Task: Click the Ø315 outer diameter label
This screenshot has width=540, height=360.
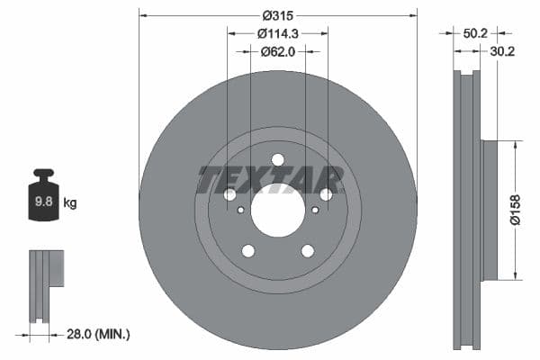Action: coord(278,15)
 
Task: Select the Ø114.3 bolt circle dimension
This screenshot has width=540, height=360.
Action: coord(278,33)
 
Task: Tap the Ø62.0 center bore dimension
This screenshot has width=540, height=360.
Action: coord(278,51)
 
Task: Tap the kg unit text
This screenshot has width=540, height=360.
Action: coord(69,203)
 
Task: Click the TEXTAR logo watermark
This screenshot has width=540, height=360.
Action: coord(270,180)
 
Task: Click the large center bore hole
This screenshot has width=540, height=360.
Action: coord(277,212)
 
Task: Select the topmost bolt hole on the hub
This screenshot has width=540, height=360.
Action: coord(277,160)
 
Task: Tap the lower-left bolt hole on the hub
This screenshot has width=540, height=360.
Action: coord(247,250)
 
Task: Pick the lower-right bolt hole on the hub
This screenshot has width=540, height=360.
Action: coord(307,250)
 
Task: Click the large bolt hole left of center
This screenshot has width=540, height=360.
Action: coord(229,194)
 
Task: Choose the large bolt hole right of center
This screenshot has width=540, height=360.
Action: coord(326,194)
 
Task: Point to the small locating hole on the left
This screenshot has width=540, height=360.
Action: coord(240,211)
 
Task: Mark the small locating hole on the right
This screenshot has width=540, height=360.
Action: coord(315,211)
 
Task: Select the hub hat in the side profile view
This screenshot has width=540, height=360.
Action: coord(490,210)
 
